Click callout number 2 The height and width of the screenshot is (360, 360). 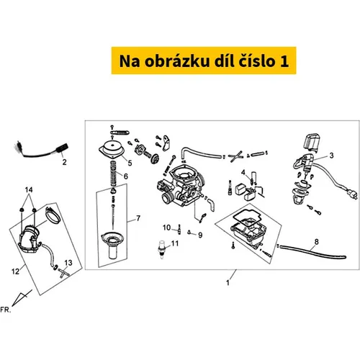(x=64, y=162)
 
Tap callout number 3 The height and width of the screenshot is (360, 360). (x=331, y=156)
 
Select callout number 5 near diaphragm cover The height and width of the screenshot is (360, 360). (x=130, y=163)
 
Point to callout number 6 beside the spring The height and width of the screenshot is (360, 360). (x=126, y=176)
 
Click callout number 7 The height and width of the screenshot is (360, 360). (x=138, y=218)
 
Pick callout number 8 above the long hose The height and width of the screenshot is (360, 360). (x=317, y=242)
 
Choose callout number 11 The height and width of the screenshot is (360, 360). (x=175, y=243)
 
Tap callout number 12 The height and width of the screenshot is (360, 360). (x=15, y=271)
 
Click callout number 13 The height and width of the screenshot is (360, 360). (x=68, y=263)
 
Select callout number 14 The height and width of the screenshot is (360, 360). (x=29, y=190)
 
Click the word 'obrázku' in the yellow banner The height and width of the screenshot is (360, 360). (x=177, y=61)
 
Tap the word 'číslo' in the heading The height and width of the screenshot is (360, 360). (x=256, y=60)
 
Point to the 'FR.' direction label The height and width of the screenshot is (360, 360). (x=6, y=310)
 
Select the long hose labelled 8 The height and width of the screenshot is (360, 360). (x=312, y=251)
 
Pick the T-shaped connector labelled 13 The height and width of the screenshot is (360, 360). (x=63, y=273)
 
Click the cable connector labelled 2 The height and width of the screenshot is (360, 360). (x=42, y=150)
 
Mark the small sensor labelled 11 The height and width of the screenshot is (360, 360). (x=161, y=249)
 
